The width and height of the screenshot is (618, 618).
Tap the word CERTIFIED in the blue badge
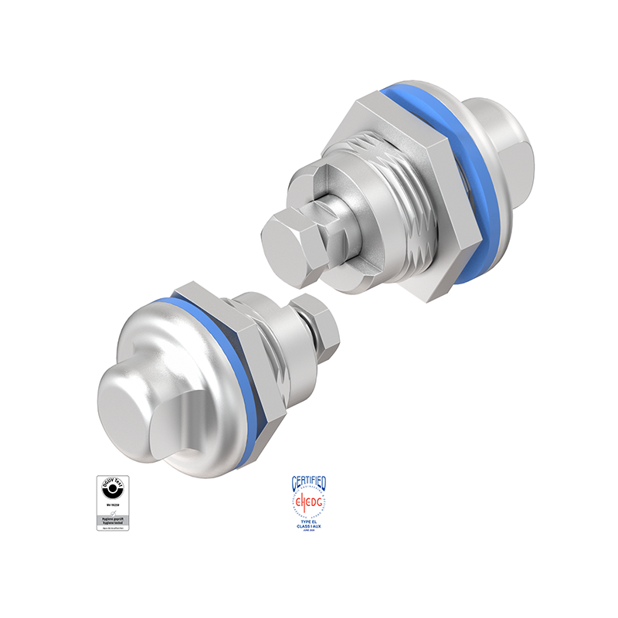pyautogui.click(x=308, y=484)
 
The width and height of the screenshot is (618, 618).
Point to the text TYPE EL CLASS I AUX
pyautogui.click(x=308, y=525)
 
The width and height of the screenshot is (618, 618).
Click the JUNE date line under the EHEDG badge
pyautogui.click(x=308, y=532)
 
